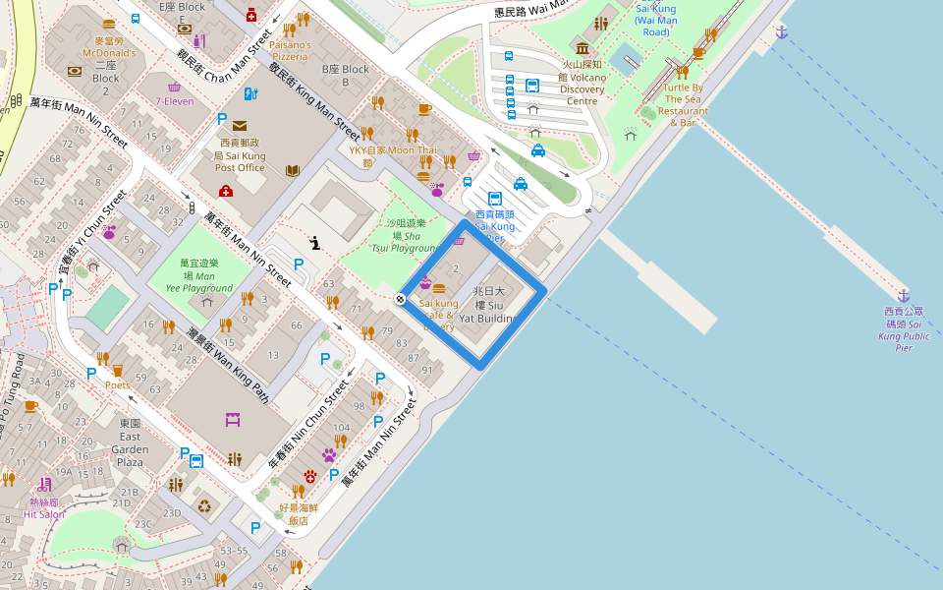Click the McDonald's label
(x=108, y=47)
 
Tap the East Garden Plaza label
(x=131, y=449)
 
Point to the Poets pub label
(x=117, y=385)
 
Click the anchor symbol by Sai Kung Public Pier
(x=903, y=295)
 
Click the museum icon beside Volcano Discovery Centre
(x=582, y=48)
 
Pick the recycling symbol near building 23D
(x=203, y=506)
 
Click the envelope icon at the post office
(x=240, y=125)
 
